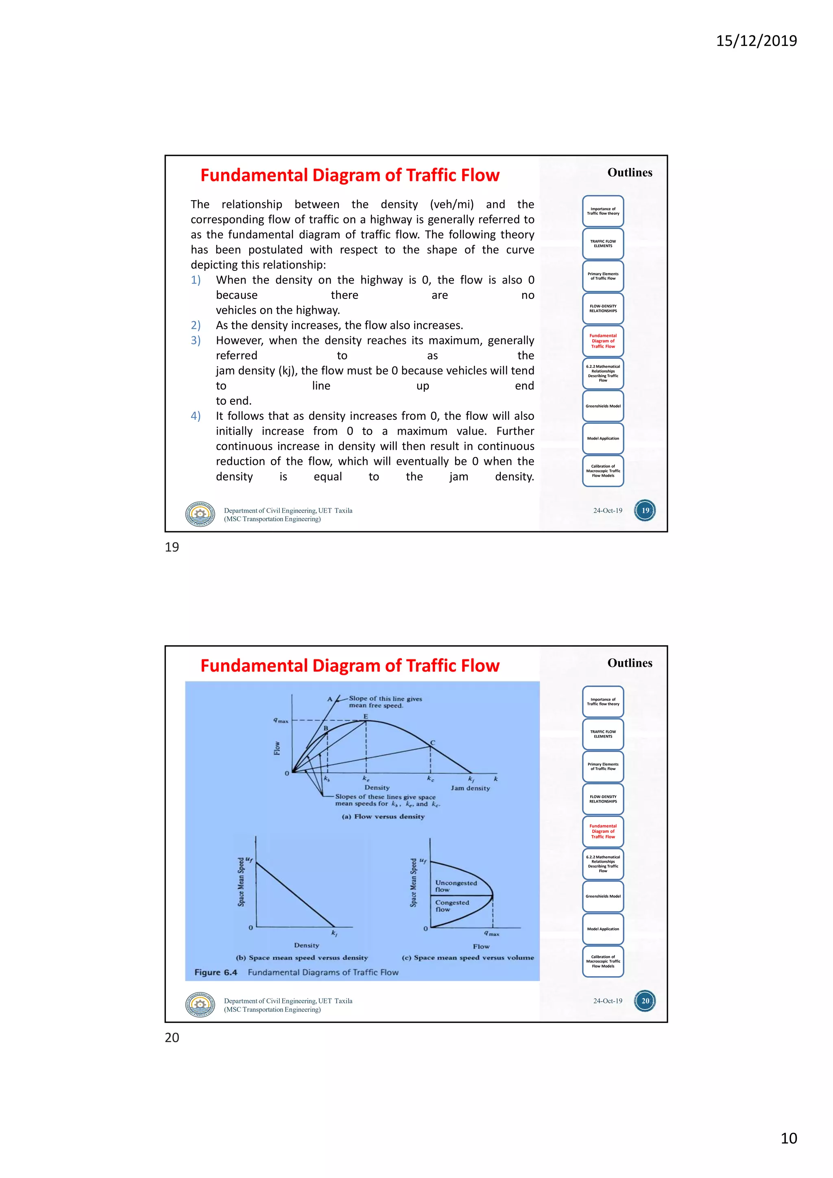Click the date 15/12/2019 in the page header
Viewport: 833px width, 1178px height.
[756, 41]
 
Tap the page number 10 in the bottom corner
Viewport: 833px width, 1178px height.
[788, 1138]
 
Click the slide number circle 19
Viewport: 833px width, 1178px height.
[645, 510]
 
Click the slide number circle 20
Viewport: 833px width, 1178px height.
[645, 1001]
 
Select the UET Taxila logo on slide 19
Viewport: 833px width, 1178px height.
[200, 514]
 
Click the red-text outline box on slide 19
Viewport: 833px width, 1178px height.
[603, 341]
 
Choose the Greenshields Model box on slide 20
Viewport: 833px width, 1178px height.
[603, 897]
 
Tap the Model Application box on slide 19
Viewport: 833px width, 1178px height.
[603, 438]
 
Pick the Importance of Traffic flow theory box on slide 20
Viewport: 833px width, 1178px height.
[603, 702]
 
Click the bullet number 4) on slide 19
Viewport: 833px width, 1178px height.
[195, 416]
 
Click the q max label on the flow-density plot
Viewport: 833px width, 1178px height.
[281, 721]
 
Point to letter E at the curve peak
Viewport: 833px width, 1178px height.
[366, 716]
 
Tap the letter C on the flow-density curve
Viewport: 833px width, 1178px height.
[432, 742]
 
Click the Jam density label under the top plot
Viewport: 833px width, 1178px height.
[470, 788]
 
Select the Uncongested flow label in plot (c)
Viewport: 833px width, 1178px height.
[456, 886]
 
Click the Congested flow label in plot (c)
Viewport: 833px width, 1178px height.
[451, 905]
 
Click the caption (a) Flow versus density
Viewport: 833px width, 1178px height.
[383, 816]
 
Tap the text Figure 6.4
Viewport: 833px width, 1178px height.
[216, 972]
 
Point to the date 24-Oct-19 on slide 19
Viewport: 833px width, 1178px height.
[607, 510]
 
